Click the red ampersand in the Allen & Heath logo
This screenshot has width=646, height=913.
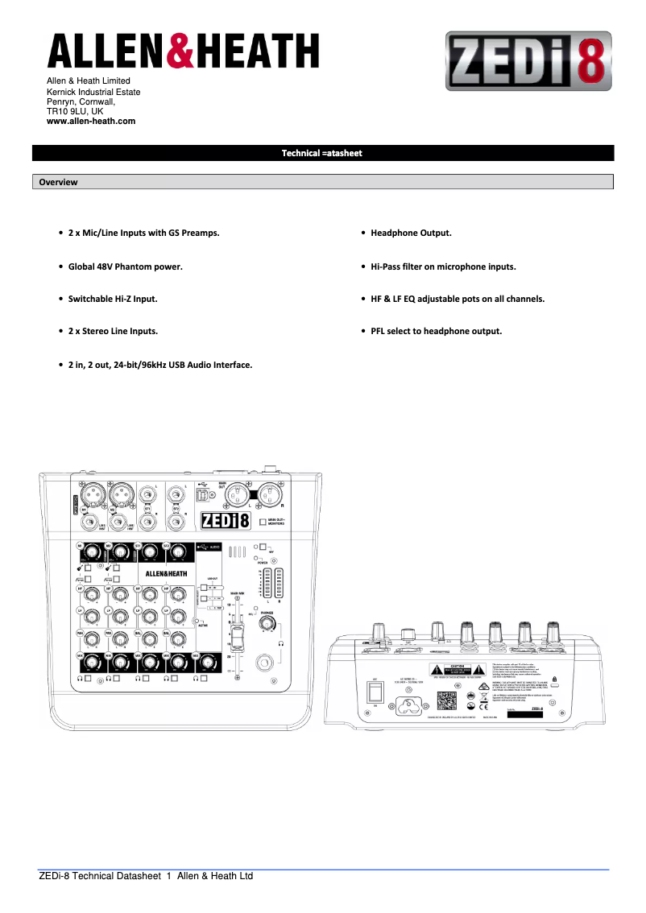click(180, 51)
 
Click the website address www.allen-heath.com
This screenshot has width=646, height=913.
click(91, 121)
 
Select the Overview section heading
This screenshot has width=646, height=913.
click(59, 182)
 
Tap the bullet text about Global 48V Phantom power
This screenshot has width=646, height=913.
click(125, 266)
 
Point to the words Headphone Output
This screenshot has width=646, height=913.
click(411, 233)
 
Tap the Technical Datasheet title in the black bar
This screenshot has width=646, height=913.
click(322, 153)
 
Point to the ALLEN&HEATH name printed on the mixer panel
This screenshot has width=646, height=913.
click(166, 574)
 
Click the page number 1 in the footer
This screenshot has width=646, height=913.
click(169, 876)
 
